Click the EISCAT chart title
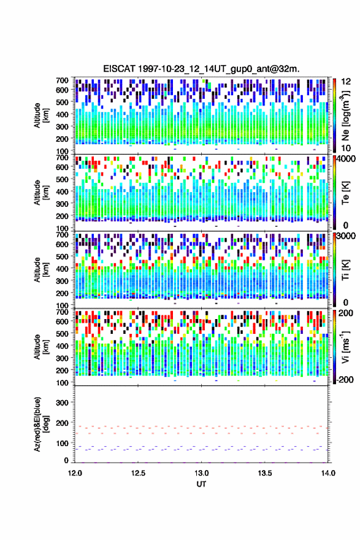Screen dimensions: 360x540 pos(201,69)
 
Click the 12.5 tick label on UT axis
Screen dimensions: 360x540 pos(138,473)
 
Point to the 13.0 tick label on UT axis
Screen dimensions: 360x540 pos(201,473)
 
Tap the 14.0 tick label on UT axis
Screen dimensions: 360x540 pos(328,473)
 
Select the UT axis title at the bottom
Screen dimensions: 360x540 pos(201,484)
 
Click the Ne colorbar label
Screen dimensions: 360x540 pos(346,115)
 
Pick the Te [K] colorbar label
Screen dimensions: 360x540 pos(345,193)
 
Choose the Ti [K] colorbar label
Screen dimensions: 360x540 pos(345,269)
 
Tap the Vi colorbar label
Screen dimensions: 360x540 pos(345,347)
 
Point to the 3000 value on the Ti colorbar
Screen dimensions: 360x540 pos(346,236)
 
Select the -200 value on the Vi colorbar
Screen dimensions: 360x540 pos(344,379)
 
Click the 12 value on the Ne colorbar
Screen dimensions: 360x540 pos(346,82)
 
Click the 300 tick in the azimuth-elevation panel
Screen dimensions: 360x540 pos(63,403)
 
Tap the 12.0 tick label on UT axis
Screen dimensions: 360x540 pos(75,473)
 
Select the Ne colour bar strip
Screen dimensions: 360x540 pos(334,115)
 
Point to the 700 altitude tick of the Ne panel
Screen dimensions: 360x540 pos(63,80)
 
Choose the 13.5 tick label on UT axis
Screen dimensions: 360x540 pos(265,473)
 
